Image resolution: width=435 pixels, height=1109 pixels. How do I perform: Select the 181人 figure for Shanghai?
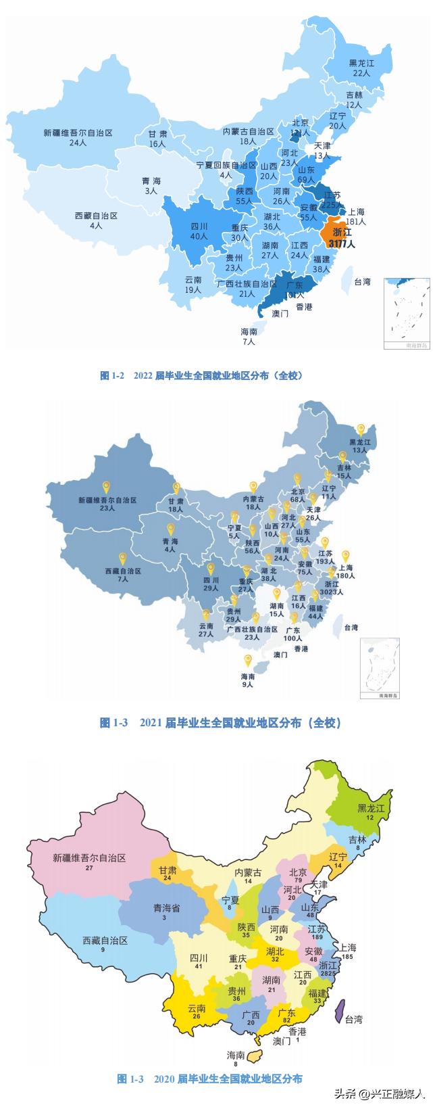click(355, 221)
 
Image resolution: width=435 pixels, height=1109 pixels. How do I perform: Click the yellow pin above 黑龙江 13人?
click(361, 429)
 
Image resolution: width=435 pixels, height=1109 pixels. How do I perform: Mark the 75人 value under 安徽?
click(305, 572)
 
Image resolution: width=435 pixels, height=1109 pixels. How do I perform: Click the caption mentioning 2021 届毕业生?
click(221, 723)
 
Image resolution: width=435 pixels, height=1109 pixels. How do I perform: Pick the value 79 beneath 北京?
click(298, 880)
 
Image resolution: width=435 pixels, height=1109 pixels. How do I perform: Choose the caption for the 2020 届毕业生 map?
click(209, 1079)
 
